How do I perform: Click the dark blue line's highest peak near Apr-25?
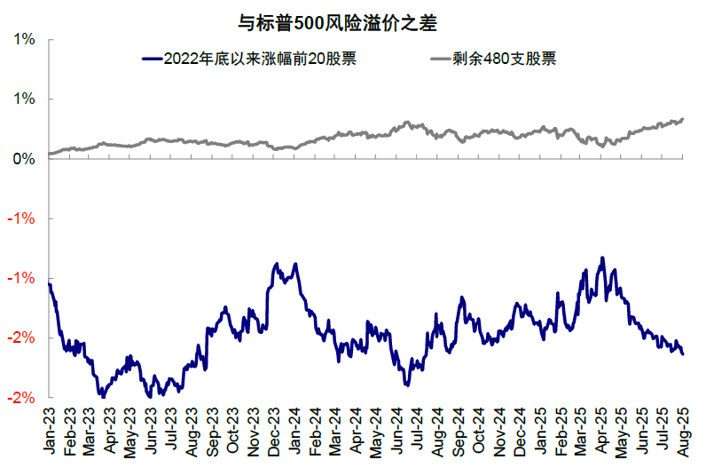click(x=603, y=258)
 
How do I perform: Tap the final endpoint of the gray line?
click(x=682, y=119)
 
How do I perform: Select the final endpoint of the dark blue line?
click(x=682, y=354)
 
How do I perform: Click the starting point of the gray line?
click(x=50, y=154)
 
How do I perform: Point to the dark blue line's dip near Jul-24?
click(x=406, y=385)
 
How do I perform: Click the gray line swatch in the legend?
click(x=440, y=59)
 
